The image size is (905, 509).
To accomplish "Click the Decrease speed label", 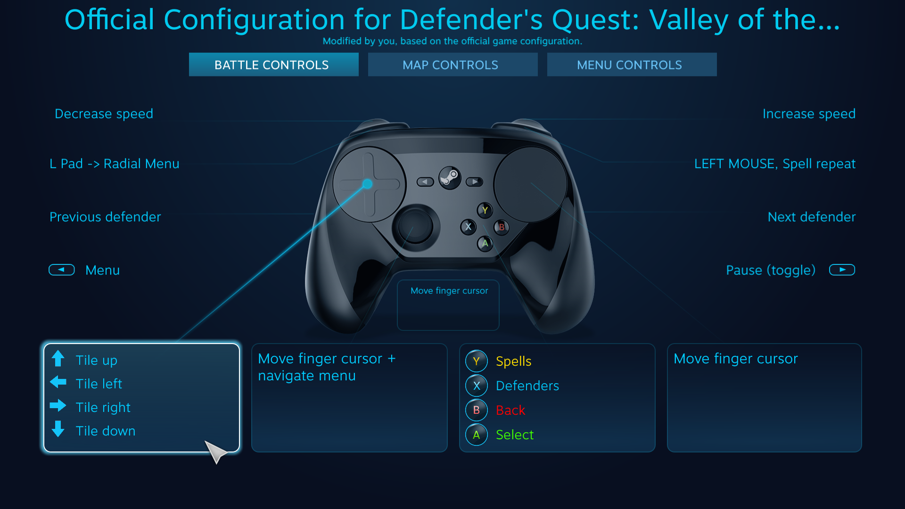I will pos(104,114).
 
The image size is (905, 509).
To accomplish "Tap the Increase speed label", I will pos(809,114).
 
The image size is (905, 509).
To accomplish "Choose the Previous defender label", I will pos(105,217).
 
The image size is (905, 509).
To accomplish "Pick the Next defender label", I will pos(811,217).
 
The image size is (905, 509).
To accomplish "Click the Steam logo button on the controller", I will pos(450,178).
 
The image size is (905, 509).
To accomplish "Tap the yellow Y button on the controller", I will pos(485,210).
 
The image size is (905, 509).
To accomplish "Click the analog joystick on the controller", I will pos(415,226).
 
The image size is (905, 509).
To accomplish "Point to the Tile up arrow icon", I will pos(58,359).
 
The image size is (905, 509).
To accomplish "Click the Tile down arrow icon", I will pos(58,429).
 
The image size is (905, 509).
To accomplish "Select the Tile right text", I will pos(103,407).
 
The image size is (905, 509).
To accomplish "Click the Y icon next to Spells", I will pos(477,361).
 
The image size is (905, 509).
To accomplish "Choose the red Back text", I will pos(510,410).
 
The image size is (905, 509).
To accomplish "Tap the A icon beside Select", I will pos(477,435).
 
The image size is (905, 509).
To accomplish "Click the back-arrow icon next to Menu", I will pos(62,270).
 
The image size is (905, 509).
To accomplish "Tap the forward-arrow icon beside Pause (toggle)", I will pos(842,270).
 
